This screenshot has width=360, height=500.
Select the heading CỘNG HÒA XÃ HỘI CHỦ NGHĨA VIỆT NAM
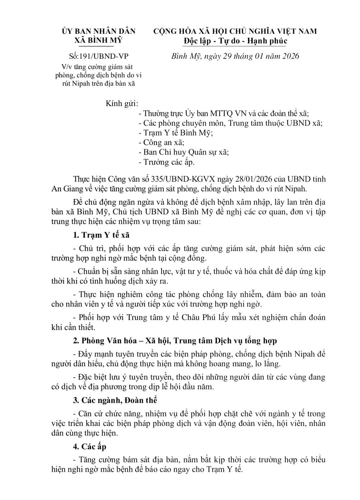point(235,31)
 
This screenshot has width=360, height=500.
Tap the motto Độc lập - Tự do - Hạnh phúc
point(235,41)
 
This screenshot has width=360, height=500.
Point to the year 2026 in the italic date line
point(289,56)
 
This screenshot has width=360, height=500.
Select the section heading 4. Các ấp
point(90,447)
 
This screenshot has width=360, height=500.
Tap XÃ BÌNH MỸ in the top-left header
point(98,41)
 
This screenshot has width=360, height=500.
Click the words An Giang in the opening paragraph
point(66,189)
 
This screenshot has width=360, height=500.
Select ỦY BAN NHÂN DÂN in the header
point(98,31)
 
